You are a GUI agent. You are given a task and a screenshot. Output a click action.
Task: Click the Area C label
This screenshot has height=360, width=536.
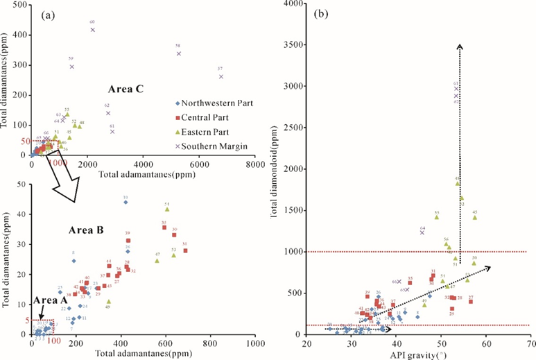(x=125, y=89)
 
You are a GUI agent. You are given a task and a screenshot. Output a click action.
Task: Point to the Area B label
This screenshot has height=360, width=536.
(x=85, y=229)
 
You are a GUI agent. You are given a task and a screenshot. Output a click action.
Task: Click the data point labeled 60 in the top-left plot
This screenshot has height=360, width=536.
(x=92, y=29)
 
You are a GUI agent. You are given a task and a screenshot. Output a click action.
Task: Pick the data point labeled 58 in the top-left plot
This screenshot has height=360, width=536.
(x=178, y=53)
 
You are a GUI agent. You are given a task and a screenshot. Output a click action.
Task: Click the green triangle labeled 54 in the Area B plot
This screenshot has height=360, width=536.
(x=167, y=209)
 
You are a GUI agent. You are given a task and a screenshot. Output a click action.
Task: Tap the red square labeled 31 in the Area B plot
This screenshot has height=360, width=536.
(x=185, y=250)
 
